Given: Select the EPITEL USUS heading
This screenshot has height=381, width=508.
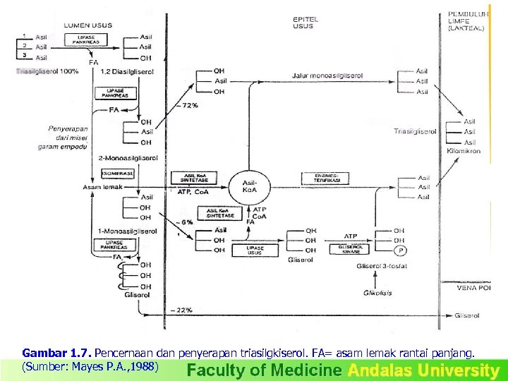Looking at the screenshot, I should click(x=304, y=22).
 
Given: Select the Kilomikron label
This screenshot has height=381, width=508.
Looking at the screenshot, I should click(x=464, y=151).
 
